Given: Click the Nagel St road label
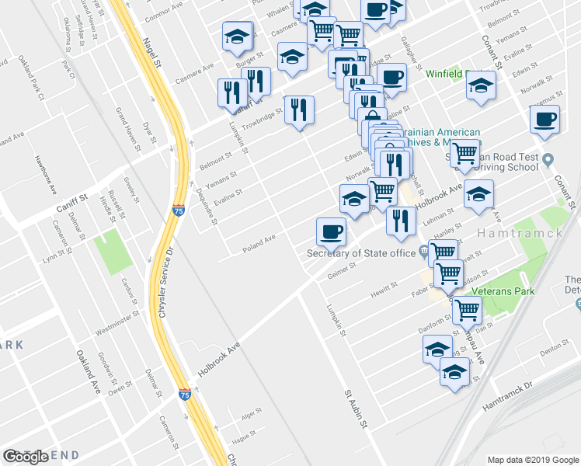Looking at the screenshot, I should coord(152,53).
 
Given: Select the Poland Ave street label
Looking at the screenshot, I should coord(259,242).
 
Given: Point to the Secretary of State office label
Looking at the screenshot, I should coord(361,252).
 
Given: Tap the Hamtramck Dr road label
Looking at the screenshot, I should coord(507,396).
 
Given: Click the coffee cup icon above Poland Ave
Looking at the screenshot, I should coord(331,231).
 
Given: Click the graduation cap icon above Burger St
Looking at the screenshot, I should coord(238,36).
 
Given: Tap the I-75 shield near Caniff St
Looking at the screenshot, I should coord(178,209).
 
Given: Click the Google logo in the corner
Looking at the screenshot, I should coord(26,457).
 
